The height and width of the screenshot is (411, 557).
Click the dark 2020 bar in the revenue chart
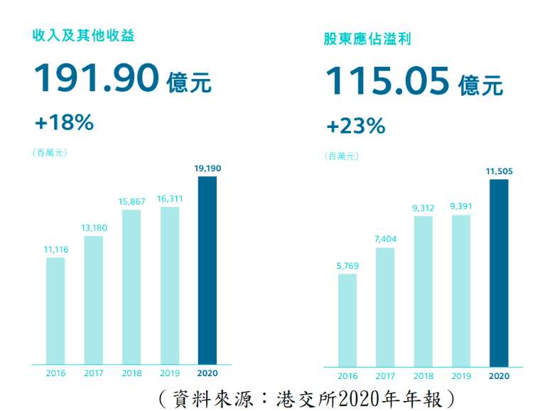[x=207, y=270]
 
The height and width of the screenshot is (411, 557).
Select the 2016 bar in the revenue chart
[x=55, y=311]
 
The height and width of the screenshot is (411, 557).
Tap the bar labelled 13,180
[x=94, y=300]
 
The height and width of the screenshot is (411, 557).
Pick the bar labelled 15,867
[x=131, y=287]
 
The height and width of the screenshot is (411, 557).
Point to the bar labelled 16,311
[x=169, y=285]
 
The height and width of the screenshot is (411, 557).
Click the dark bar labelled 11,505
[x=499, y=273]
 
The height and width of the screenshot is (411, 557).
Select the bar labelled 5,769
[x=347, y=320]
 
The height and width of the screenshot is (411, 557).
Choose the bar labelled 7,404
[x=385, y=307]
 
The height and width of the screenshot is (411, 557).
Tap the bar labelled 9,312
[x=423, y=292]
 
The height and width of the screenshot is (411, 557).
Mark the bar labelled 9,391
[x=461, y=291]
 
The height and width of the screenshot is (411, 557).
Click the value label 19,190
[x=207, y=168]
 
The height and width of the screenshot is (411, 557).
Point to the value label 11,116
[x=55, y=249]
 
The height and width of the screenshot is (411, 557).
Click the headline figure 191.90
[x=96, y=78]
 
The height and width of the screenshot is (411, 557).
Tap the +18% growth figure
[x=64, y=122]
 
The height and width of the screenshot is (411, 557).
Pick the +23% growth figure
[x=355, y=126]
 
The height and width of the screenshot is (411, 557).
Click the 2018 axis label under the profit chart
[x=423, y=376]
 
